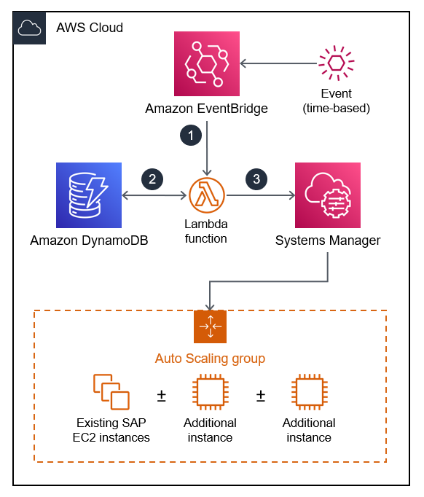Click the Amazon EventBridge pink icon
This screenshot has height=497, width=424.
(x=207, y=64)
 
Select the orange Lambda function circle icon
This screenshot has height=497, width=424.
(x=207, y=195)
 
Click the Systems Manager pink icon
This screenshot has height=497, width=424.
(x=328, y=195)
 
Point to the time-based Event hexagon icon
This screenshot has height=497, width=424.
(x=336, y=64)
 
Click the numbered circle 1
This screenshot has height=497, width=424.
(x=190, y=136)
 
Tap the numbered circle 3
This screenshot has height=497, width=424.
(x=256, y=179)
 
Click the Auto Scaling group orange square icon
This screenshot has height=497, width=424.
(x=210, y=326)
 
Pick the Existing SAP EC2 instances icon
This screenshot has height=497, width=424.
(x=111, y=392)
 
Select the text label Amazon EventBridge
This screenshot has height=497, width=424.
(x=207, y=109)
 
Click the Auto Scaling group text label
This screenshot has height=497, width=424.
(x=210, y=359)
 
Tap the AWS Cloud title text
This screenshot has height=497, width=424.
(x=90, y=28)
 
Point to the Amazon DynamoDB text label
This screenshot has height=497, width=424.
(x=89, y=240)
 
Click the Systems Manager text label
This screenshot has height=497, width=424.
(x=328, y=240)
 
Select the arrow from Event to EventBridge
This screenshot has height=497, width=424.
(x=277, y=64)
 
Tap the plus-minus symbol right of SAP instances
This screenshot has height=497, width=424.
(x=162, y=396)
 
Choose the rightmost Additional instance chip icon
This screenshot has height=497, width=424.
(x=309, y=394)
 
